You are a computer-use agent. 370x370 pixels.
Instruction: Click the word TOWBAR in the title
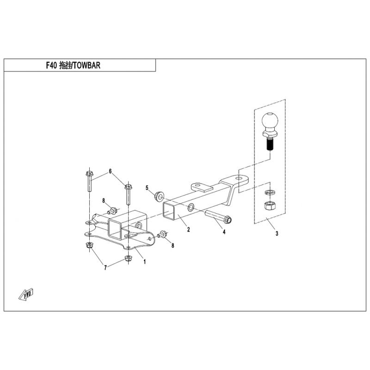tap(86, 66)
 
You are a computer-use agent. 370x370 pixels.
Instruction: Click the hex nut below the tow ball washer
tap(268, 205)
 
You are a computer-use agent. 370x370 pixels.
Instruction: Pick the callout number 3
tap(277, 234)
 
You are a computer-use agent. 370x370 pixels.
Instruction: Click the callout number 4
tap(224, 232)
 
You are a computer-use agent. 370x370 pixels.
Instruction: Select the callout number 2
tap(188, 229)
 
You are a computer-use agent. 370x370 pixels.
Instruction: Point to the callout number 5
tap(147, 188)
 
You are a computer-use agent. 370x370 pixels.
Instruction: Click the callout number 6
tap(110, 172)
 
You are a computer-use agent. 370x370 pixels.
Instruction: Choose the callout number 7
tap(105, 268)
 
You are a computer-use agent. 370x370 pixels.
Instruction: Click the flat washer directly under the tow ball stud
tap(268, 192)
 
